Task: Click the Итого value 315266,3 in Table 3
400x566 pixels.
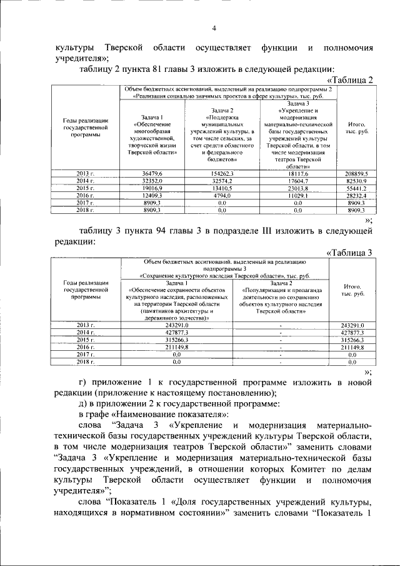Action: click(x=352, y=340)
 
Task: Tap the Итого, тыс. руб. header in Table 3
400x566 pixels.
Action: click(x=352, y=289)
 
